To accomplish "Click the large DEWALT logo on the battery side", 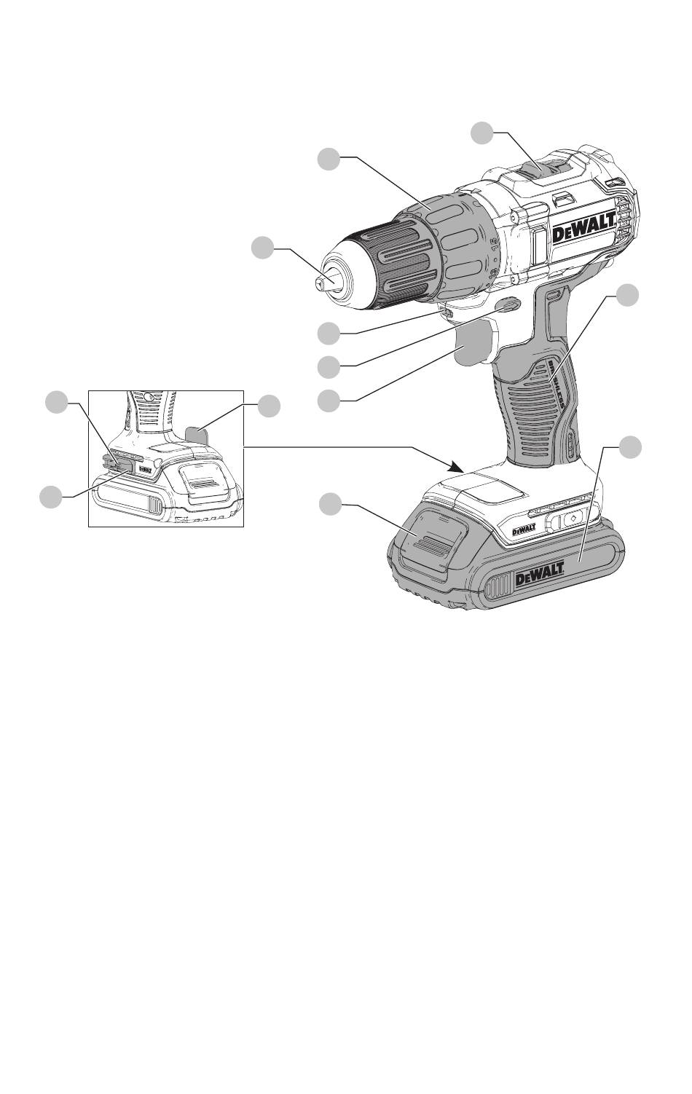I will tap(540, 580).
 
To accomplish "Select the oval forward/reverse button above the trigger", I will tap(508, 306).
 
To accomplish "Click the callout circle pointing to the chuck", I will tap(263, 248).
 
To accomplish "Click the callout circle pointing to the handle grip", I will tap(628, 294).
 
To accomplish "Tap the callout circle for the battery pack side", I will tap(631, 446).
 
